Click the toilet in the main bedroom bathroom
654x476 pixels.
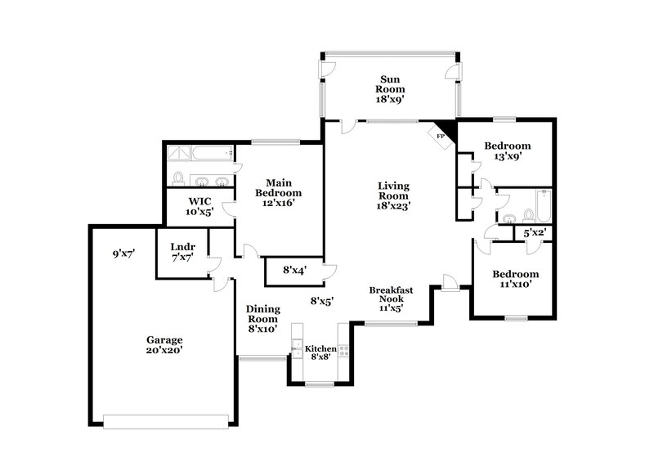click(178, 179)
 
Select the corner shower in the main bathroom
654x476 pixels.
click(179, 153)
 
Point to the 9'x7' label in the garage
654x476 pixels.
click(123, 254)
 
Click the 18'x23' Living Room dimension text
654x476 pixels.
click(393, 207)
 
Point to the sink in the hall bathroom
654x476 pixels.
click(509, 218)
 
